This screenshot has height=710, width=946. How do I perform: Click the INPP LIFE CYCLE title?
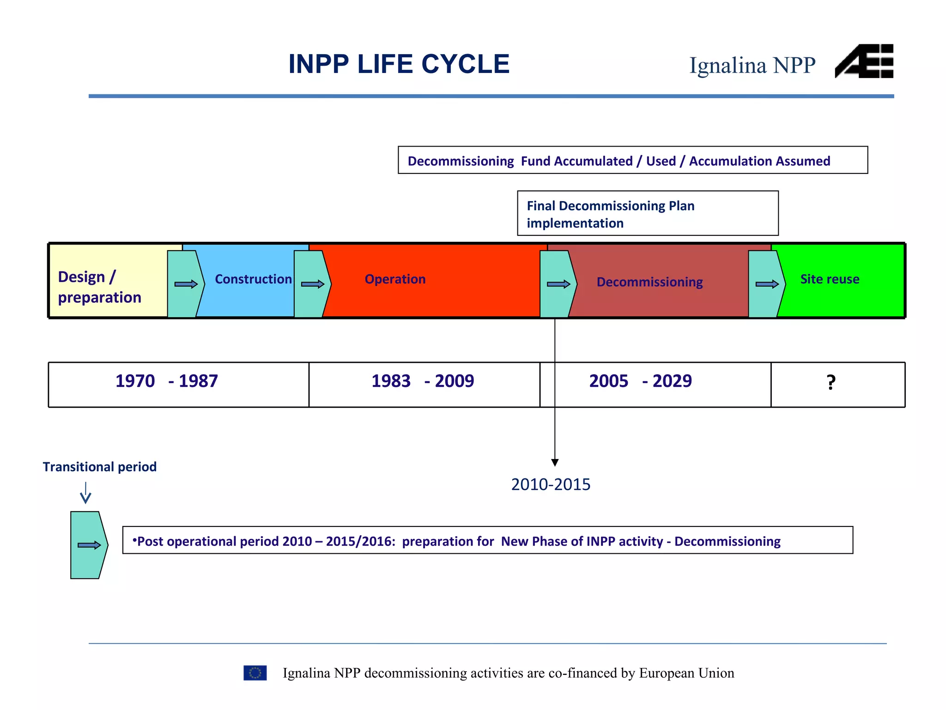(x=399, y=64)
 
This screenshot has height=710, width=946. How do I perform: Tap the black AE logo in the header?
(x=864, y=61)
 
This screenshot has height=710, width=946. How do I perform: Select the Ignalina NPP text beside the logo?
(x=752, y=65)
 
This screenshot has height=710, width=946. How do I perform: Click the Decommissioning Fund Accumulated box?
(x=632, y=160)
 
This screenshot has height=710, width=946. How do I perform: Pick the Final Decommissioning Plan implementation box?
(x=647, y=214)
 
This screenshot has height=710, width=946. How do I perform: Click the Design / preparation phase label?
(x=99, y=287)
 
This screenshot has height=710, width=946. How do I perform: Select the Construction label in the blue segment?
(x=253, y=279)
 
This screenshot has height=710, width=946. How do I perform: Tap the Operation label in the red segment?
(x=395, y=279)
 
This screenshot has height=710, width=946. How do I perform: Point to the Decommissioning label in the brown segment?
(x=649, y=282)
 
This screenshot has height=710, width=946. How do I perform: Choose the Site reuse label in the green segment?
(x=830, y=279)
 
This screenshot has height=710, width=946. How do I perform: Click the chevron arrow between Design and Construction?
(x=186, y=284)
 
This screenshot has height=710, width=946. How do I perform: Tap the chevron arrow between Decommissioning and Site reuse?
(x=766, y=284)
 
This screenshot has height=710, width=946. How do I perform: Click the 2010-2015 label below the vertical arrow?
(x=551, y=484)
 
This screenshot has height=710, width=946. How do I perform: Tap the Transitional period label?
(x=100, y=467)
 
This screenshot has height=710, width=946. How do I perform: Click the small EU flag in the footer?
(x=255, y=673)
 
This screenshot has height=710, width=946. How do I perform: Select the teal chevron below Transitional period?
(x=89, y=545)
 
